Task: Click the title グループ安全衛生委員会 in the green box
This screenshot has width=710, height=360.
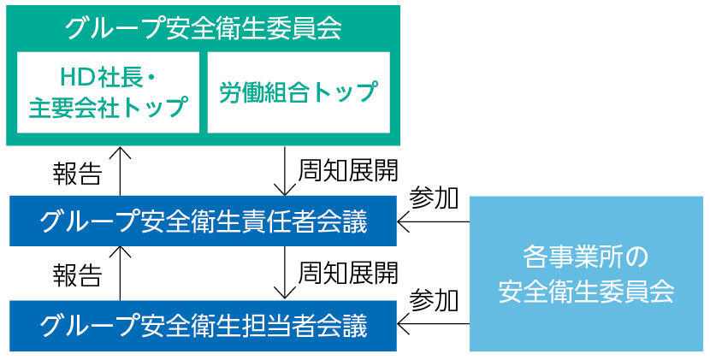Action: pyautogui.click(x=203, y=27)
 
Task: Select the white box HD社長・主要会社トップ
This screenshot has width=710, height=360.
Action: pyautogui.click(x=108, y=92)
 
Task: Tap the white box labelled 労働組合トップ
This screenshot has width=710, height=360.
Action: pyautogui.click(x=299, y=92)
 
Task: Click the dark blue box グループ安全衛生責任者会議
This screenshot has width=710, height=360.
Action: pyautogui.click(x=203, y=222)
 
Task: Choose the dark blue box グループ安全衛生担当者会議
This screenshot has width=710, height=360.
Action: pyautogui.click(x=203, y=326)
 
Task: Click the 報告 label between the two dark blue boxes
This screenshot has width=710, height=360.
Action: pyautogui.click(x=77, y=275)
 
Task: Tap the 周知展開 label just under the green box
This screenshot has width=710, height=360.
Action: pyautogui.click(x=347, y=169)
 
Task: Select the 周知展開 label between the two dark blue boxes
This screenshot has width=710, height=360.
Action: pyautogui.click(x=347, y=274)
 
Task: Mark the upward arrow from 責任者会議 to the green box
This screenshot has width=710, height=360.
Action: pyautogui.click(x=121, y=171)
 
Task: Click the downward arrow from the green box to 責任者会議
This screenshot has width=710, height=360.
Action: pyautogui.click(x=284, y=171)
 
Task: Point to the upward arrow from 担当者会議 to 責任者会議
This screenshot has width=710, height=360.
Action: pyautogui.click(x=121, y=274)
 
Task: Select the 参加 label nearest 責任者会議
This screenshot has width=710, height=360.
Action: pyautogui.click(x=434, y=198)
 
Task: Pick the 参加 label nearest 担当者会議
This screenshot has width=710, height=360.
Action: pyautogui.click(x=434, y=301)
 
